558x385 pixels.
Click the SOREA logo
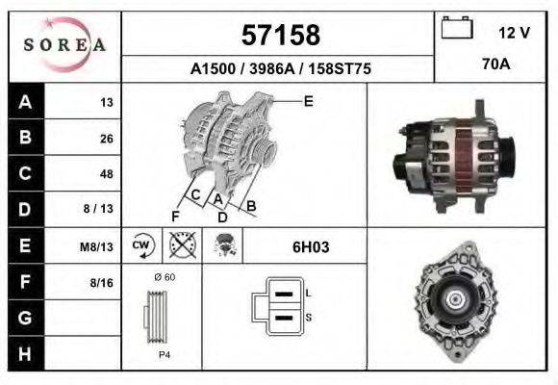(65, 45)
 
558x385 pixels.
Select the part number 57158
(279, 36)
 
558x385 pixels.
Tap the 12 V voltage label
(514, 33)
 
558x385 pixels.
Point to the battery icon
(456, 29)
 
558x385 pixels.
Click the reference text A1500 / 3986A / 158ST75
(280, 69)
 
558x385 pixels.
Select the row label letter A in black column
(26, 102)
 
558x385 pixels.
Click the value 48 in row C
(106, 174)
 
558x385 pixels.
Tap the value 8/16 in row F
(102, 282)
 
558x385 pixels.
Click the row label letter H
(26, 353)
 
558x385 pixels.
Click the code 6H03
(311, 247)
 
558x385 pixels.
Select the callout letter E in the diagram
(308, 101)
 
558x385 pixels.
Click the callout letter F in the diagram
(174, 215)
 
